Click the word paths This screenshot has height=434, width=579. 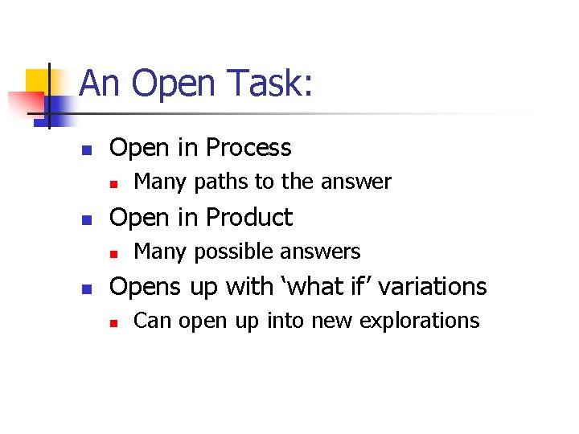point(222,182)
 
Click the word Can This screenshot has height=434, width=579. point(153,321)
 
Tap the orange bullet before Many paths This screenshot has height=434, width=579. point(115,184)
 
